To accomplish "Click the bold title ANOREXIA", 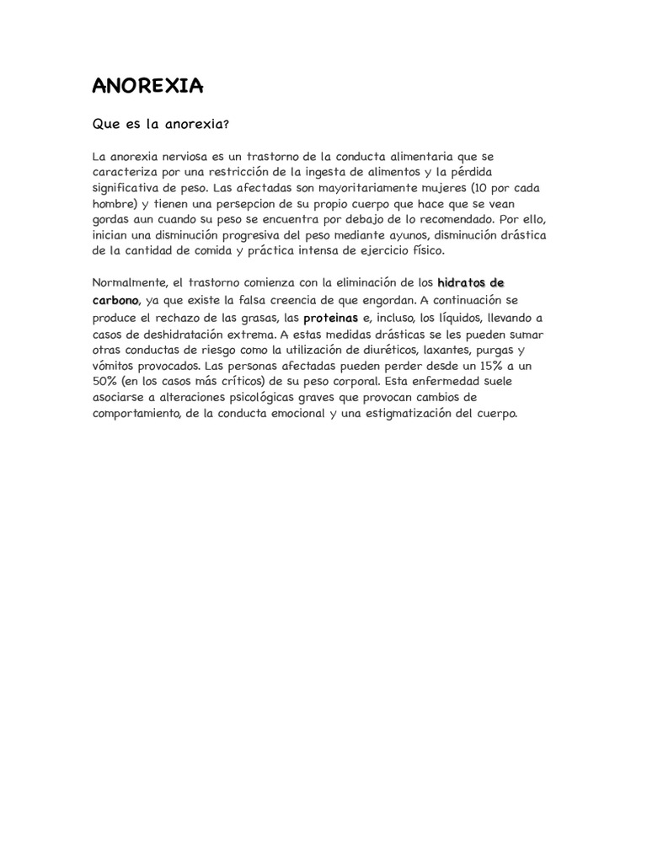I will [147, 86].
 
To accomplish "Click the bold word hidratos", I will [462, 282].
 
